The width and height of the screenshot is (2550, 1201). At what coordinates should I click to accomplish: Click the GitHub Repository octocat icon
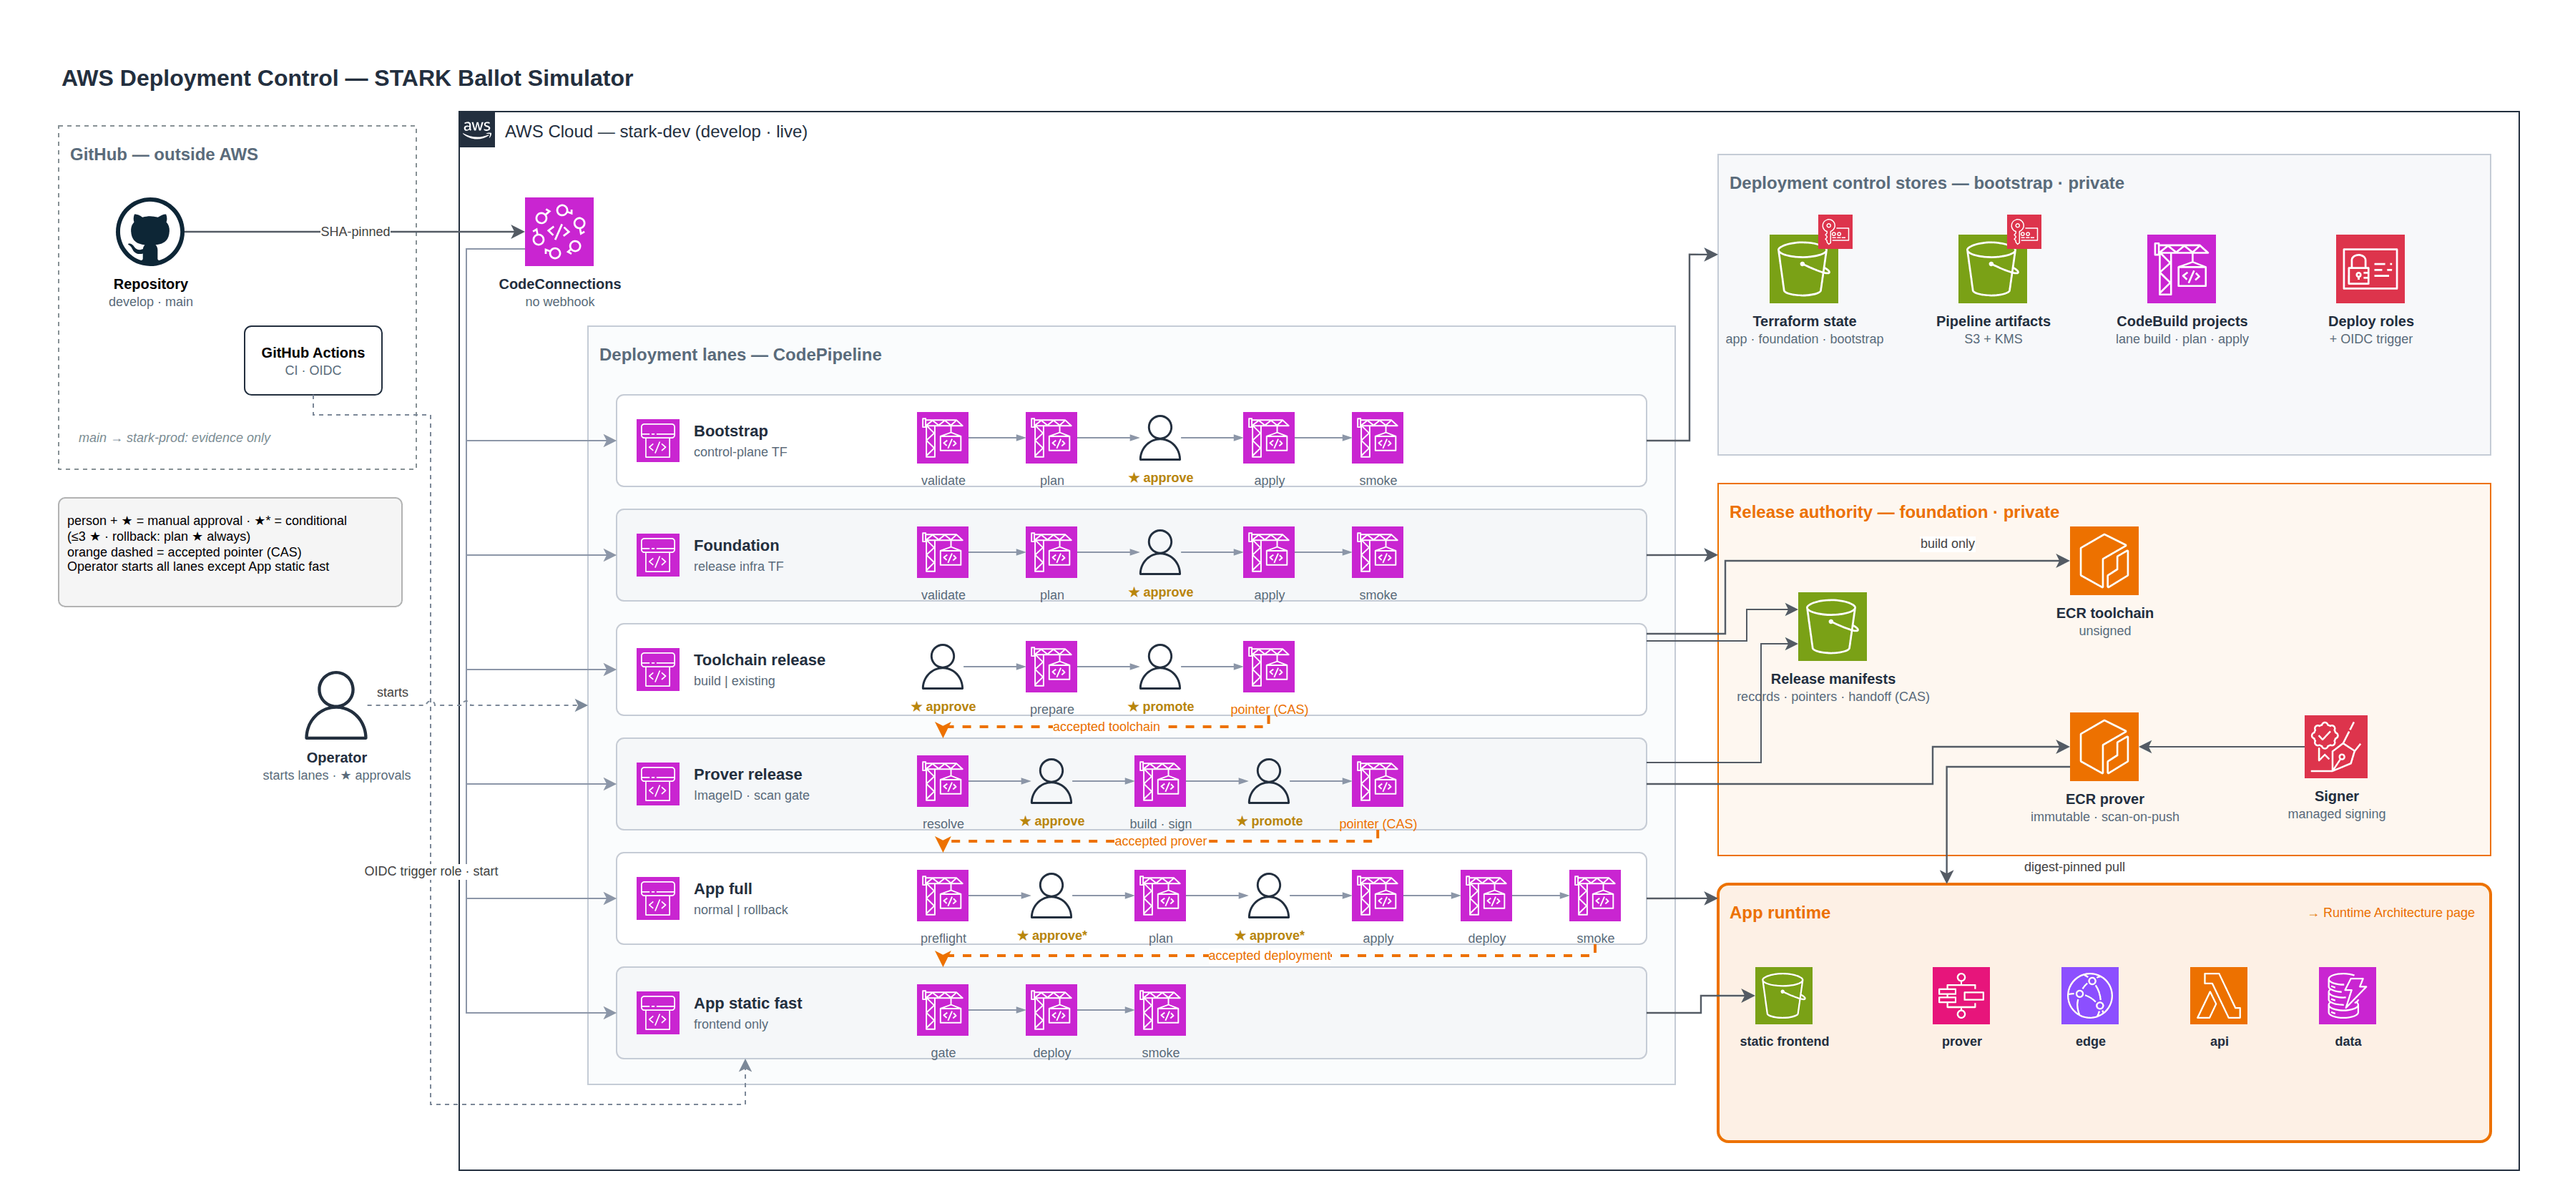(x=149, y=232)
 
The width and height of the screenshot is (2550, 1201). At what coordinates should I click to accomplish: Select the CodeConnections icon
(x=559, y=232)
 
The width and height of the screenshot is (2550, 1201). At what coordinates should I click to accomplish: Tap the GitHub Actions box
(x=313, y=361)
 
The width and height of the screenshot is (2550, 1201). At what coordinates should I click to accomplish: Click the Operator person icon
(x=337, y=705)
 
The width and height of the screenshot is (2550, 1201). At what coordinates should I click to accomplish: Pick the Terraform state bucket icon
(x=1804, y=268)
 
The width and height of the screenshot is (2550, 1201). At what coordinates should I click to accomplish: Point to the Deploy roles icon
(x=2370, y=268)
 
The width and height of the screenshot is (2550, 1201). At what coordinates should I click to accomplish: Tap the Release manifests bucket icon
(x=1833, y=627)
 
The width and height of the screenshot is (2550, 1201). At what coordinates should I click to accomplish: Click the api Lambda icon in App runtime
(x=2218, y=995)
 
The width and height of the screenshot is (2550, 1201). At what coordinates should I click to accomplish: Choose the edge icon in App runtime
(x=2089, y=995)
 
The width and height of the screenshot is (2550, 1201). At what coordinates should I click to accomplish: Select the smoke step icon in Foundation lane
(x=1378, y=552)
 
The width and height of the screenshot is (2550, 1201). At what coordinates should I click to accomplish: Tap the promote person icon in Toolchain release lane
(x=1160, y=667)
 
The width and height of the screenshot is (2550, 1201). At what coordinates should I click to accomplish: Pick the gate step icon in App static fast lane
(x=943, y=1010)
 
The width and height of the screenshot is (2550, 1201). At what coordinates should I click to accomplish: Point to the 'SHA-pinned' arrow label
(x=355, y=232)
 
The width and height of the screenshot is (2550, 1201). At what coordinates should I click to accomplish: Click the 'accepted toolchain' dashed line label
(x=1106, y=727)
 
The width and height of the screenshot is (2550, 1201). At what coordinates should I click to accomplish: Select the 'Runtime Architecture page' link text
(x=2398, y=913)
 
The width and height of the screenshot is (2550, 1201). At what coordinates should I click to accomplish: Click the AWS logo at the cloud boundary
(x=477, y=129)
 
